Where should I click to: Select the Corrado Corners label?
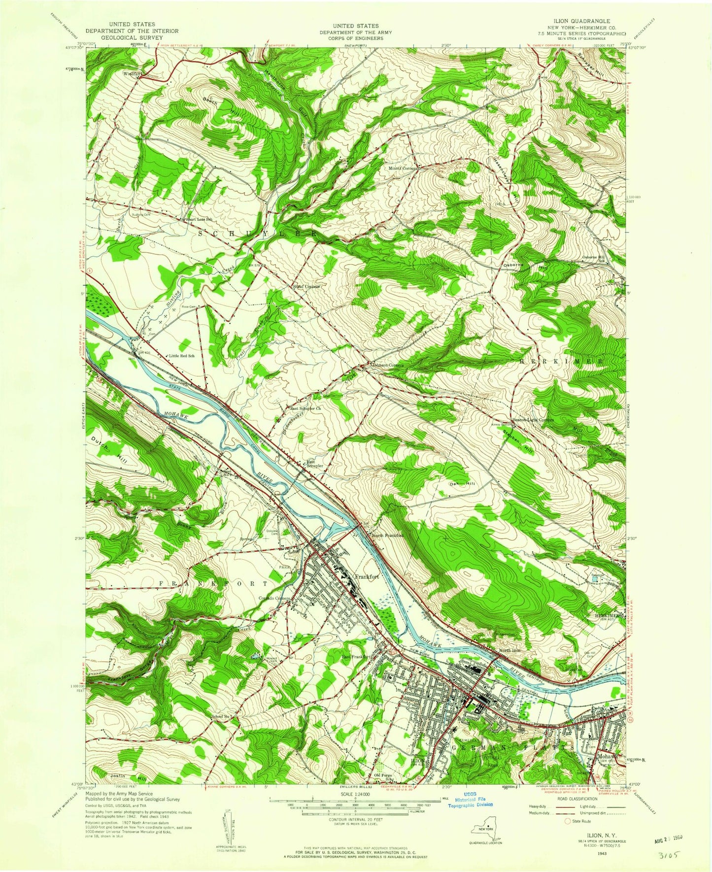click(274, 599)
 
